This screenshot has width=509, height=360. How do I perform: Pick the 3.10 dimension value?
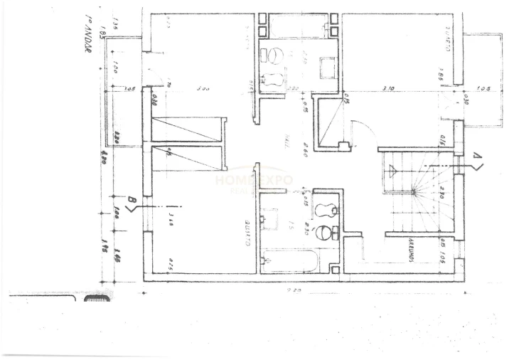[x=387, y=89]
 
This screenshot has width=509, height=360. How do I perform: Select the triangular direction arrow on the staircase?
[x=392, y=169]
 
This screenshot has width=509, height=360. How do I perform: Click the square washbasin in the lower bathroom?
[x=271, y=218]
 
